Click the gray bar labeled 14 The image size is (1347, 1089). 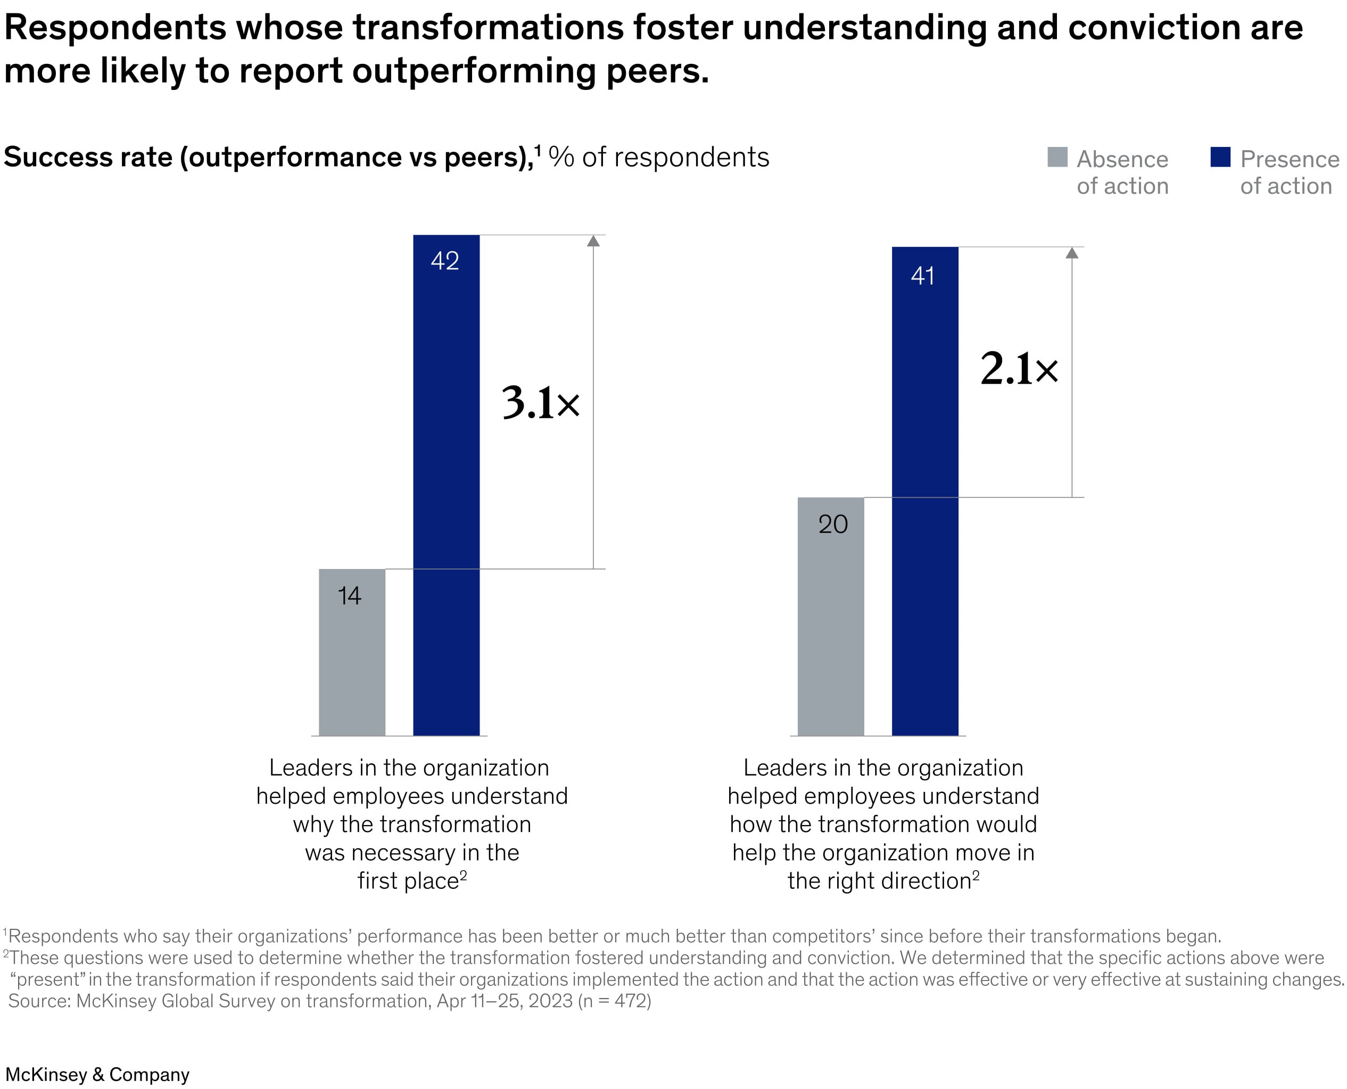(352, 653)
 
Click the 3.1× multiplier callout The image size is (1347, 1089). (541, 403)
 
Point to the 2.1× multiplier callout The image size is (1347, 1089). (1019, 369)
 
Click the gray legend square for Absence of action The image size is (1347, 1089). (1057, 157)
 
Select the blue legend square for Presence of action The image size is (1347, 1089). (1220, 157)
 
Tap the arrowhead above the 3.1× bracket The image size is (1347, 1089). (593, 241)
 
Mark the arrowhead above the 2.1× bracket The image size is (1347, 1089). (1072, 253)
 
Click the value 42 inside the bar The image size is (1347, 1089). (444, 261)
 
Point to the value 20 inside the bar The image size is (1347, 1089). (833, 524)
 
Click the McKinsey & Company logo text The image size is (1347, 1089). (97, 1074)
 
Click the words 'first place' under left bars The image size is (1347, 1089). (408, 881)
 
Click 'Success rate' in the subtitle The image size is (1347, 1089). (88, 157)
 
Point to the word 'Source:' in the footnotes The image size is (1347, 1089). (39, 1001)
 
